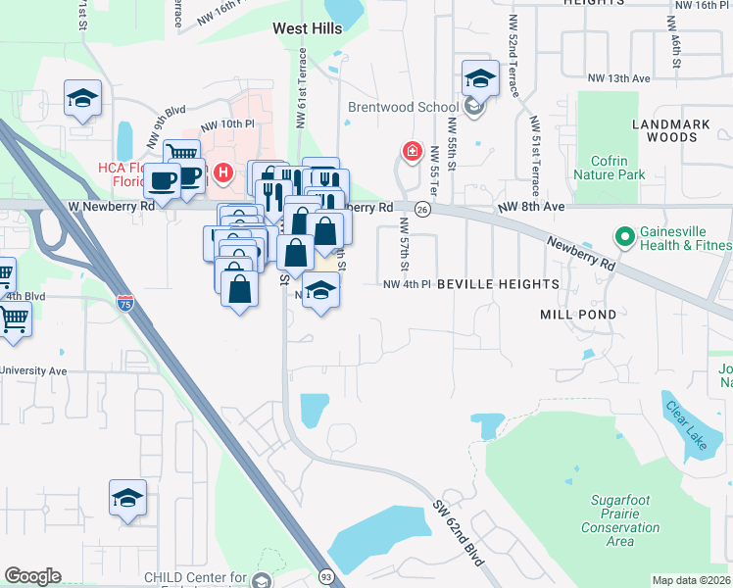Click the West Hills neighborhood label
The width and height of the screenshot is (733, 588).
click(x=308, y=29)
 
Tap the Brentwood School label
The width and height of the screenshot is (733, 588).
click(x=403, y=108)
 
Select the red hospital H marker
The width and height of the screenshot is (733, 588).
click(x=223, y=175)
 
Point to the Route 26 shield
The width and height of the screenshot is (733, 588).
click(x=421, y=210)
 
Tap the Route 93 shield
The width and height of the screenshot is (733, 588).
click(x=324, y=579)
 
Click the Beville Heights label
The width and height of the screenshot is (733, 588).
click(x=497, y=284)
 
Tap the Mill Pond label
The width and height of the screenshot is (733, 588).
click(x=578, y=315)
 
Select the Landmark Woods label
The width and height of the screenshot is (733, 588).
click(x=678, y=131)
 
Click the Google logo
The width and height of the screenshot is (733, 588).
click(x=32, y=576)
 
